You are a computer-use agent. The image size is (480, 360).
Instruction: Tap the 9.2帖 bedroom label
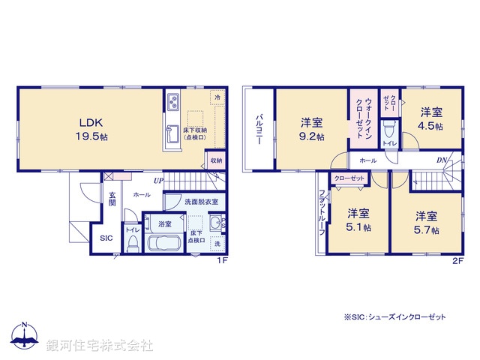312,129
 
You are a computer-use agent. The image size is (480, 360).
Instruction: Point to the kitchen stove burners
172,100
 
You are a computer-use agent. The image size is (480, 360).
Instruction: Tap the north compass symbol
25,337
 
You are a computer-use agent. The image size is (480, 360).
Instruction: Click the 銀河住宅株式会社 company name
100,345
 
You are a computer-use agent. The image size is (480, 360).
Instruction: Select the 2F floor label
457,261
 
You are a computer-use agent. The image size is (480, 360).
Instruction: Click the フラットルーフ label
322,212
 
